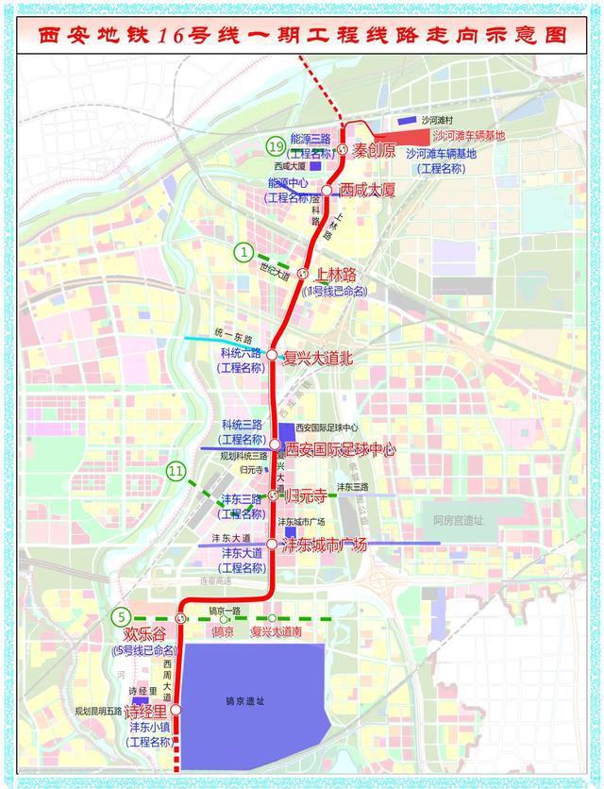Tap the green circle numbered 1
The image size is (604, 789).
(245, 252)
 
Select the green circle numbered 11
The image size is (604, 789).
(176, 470)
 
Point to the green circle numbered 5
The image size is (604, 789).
(120, 616)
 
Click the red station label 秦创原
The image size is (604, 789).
(377, 149)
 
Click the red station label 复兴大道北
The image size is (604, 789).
(318, 357)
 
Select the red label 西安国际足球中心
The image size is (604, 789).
(340, 448)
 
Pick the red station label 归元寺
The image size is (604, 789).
(308, 495)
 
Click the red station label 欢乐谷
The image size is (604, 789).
(143, 636)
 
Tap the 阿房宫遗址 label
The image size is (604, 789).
(459, 520)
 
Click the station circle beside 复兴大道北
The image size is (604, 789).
(272, 356)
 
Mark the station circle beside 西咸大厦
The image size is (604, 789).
(327, 189)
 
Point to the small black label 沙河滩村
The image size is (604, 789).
(438, 121)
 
